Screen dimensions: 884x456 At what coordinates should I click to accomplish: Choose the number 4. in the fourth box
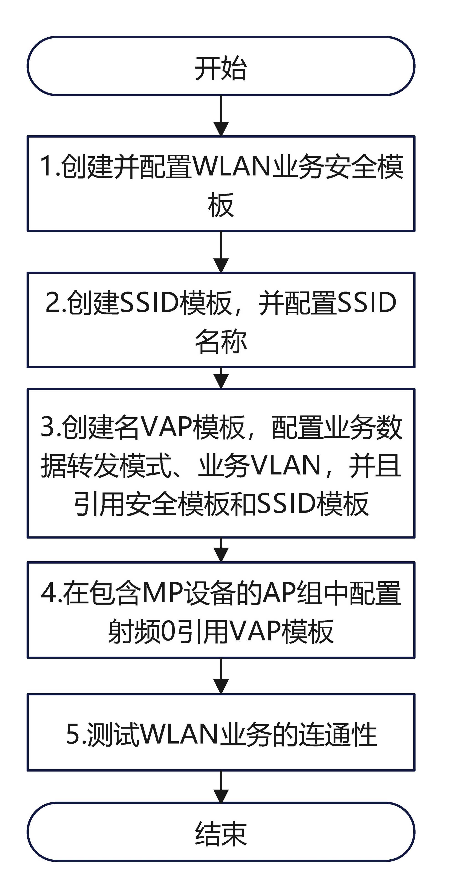51,593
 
